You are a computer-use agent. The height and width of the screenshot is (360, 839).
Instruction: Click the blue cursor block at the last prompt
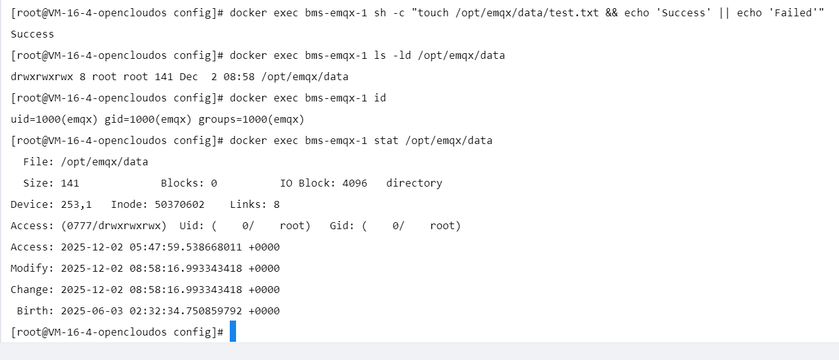click(x=233, y=331)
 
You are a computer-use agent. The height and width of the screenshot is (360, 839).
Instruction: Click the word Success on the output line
click(x=33, y=34)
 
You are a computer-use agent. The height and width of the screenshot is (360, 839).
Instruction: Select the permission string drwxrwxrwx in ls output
click(x=42, y=77)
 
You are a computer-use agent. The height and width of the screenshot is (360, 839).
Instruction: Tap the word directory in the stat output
click(x=414, y=183)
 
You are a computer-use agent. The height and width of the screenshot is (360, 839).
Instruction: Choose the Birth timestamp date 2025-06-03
click(x=92, y=311)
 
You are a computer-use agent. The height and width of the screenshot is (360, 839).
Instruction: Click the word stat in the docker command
click(x=386, y=141)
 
